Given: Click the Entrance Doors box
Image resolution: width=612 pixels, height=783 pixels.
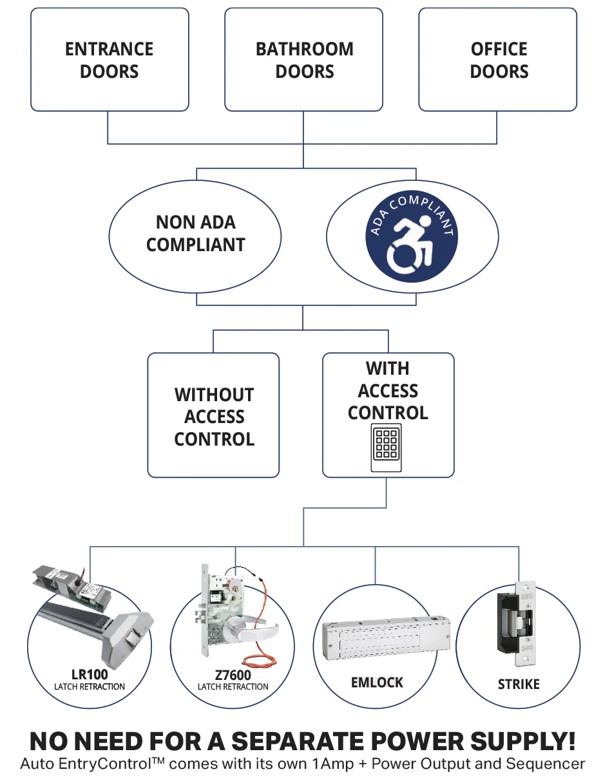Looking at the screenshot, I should tap(110, 60).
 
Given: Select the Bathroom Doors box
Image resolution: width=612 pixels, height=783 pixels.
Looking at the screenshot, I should tap(304, 60).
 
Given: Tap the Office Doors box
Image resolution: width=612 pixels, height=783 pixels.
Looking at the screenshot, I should tap(499, 60).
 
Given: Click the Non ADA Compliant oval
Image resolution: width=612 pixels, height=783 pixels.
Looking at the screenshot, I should tap(195, 233).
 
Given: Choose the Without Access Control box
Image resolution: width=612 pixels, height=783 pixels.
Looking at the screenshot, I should tap(214, 416).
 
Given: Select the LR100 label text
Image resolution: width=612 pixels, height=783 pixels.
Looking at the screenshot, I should tap(90, 675).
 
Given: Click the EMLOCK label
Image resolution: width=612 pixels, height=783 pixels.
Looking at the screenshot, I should tap(377, 683).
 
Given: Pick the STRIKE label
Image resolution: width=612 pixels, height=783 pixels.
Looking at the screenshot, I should tap(519, 684).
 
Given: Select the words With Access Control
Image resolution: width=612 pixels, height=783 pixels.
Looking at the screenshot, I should tap(388, 390).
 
